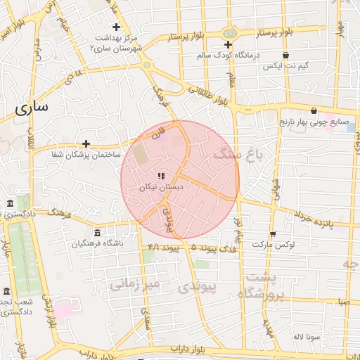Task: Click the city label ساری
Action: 32,108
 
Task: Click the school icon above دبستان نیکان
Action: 162,176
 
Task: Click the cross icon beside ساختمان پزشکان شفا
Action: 86,143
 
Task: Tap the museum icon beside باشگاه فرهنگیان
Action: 97,233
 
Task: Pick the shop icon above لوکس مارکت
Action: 273,233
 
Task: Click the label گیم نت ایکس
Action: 284,66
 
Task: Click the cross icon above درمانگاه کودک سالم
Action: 228,44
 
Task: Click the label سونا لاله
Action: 308,337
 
